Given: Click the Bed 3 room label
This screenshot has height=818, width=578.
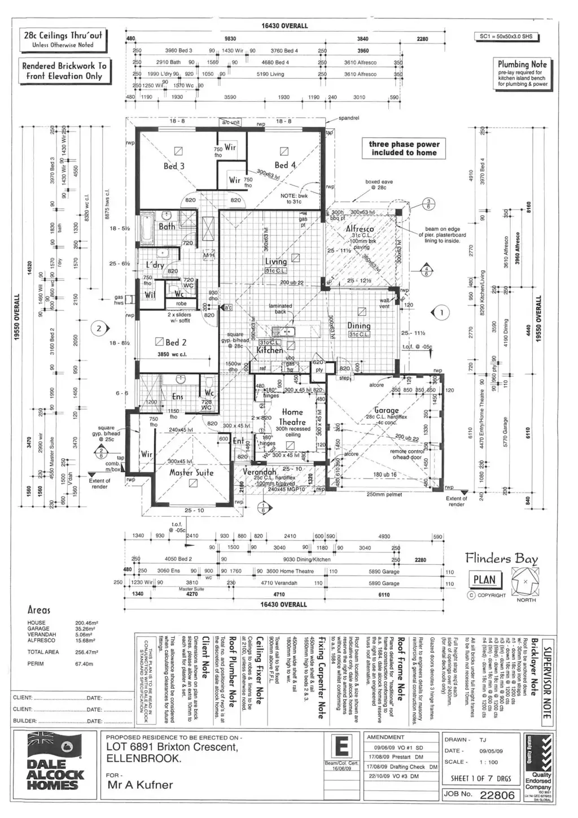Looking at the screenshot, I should [x=174, y=166].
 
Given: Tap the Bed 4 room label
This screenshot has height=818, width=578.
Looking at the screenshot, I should [x=285, y=165].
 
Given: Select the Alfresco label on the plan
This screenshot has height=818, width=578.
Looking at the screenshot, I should [x=360, y=229].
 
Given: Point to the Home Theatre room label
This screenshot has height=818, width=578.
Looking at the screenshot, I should [x=293, y=417].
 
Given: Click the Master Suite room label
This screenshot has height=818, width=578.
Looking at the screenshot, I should [x=191, y=472].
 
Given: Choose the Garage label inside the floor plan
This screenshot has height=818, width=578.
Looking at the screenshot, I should [x=387, y=410].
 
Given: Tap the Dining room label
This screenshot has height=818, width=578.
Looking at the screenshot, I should [x=358, y=325].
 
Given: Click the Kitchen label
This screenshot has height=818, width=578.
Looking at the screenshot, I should [x=270, y=350].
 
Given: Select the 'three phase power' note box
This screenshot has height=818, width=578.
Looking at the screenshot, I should [x=404, y=148].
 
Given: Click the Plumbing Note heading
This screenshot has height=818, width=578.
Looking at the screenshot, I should [x=522, y=64].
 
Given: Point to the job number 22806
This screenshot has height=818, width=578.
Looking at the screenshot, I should [x=497, y=795].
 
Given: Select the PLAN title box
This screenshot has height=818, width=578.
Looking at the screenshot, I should [x=484, y=580].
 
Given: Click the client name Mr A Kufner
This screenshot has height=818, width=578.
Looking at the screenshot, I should [x=140, y=785].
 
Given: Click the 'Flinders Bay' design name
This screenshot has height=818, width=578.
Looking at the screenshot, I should [x=501, y=559].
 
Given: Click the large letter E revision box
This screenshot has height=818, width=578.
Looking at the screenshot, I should [x=341, y=748].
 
